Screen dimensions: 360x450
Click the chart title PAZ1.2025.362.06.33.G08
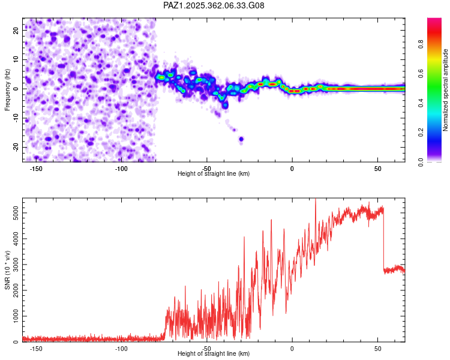[x=214, y=5]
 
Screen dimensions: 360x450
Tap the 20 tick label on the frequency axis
[x=16, y=29]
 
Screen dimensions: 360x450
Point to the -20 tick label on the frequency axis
[x=15, y=147]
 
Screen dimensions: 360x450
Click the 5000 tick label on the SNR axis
[x=13, y=214]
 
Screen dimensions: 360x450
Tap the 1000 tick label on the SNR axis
[x=13, y=316]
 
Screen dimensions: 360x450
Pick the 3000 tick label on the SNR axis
[x=13, y=265]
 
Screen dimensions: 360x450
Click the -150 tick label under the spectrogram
[x=35, y=168]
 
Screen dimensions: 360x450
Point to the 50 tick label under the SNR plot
[x=377, y=349]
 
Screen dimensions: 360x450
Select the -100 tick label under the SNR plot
[x=121, y=349]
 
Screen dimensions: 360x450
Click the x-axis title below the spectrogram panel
[x=214, y=174]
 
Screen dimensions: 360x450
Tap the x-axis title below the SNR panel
[x=214, y=354]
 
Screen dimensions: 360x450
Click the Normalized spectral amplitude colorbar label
[x=446, y=90]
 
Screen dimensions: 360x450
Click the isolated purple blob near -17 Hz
[x=241, y=139]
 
